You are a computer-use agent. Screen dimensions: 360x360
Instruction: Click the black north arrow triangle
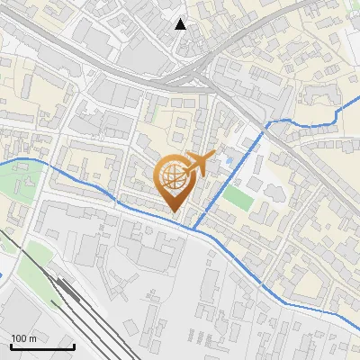181,24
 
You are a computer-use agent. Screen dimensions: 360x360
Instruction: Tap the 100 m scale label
24,337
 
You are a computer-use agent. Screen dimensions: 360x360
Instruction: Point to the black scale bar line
41,346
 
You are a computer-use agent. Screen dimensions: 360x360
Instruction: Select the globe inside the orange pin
174,177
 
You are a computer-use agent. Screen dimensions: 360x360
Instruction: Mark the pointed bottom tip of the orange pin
174,212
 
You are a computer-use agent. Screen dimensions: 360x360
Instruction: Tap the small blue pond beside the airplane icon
228,161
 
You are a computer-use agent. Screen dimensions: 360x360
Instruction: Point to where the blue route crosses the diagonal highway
271,123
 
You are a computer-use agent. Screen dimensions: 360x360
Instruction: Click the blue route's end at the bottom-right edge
358,326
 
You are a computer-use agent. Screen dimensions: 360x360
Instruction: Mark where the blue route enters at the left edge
2,163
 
